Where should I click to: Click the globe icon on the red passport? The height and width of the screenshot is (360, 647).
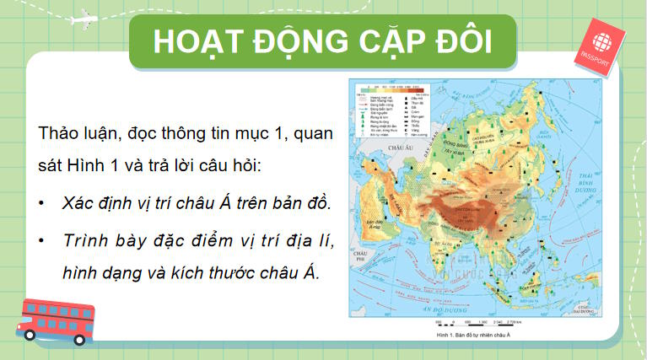coord(603,42)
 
